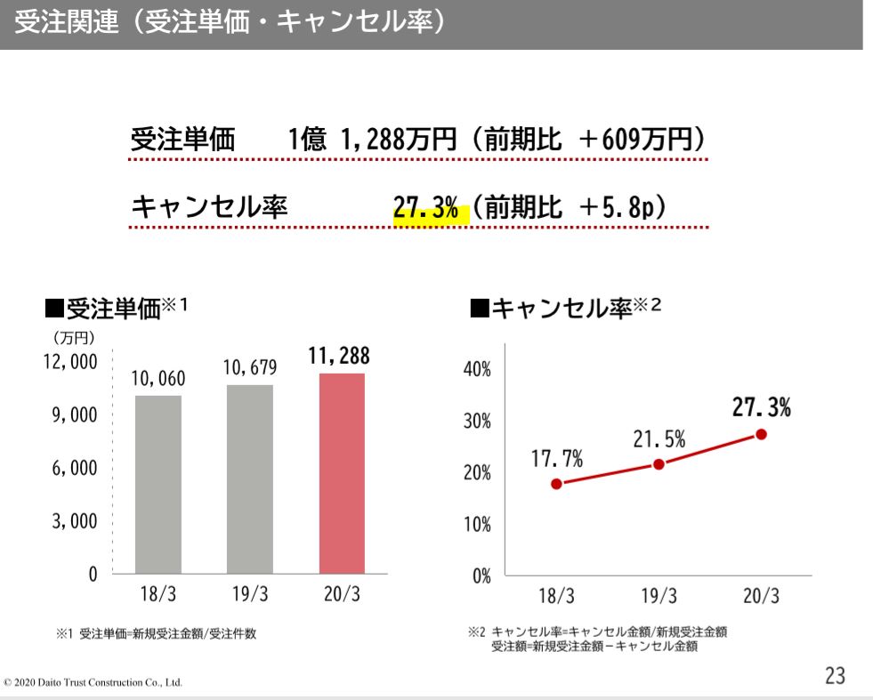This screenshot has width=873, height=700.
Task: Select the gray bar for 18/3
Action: coord(158,484)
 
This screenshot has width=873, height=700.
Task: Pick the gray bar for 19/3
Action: coord(250,479)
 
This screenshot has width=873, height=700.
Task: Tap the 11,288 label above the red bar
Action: coord(339,357)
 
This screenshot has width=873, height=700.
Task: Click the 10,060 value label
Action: coord(158,379)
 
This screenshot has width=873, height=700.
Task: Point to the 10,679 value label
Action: coord(250,368)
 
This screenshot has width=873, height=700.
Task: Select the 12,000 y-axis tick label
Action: coord(70,363)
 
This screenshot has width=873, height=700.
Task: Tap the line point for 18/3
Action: coord(556,484)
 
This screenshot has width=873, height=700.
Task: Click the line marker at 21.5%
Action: coord(659,464)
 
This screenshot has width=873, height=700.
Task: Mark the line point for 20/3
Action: coord(761,434)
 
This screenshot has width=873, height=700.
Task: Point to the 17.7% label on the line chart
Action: coord(557,460)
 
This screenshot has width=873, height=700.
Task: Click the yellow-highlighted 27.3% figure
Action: coord(427,211)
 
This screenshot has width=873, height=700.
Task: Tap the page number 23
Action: coord(835,676)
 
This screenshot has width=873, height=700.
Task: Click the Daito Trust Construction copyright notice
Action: coord(93,682)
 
